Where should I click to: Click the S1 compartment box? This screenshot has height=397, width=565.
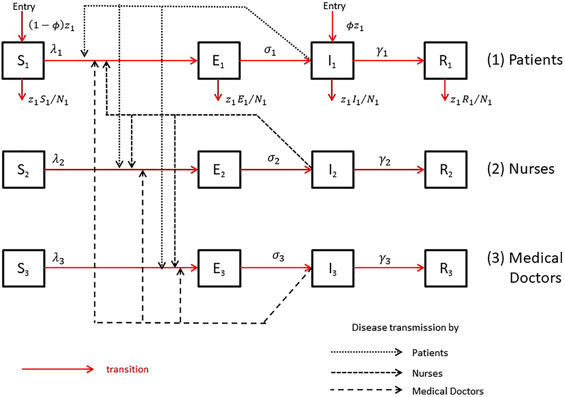23,61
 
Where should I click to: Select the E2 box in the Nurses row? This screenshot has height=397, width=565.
219,170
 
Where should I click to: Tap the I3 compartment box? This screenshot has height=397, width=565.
332,269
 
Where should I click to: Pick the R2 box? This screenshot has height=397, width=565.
446,170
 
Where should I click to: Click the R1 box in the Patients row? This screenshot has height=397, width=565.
445,61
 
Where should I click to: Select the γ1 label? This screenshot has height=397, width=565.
382,52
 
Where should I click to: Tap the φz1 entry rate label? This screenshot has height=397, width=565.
355,26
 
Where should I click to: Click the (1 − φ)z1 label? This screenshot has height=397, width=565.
52,25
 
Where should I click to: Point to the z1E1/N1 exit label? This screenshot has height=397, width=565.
246,100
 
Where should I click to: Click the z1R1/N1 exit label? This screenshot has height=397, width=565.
471,100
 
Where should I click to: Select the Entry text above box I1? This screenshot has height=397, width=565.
334,6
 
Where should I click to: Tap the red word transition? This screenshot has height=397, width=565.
127,369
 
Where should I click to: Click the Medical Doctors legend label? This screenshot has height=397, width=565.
448,391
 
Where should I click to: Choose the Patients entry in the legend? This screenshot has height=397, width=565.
430,353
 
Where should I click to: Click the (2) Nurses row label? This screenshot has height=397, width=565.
520,169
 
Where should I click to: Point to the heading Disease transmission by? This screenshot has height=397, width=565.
405,327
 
